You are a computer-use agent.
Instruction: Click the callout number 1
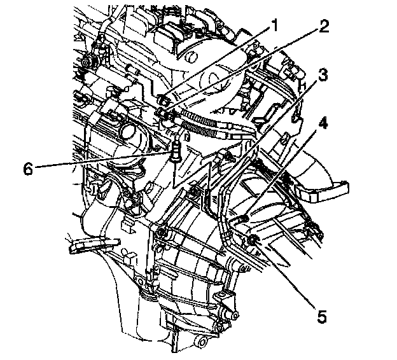274,25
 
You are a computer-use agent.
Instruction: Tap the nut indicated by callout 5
254,239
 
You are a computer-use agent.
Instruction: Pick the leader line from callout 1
216,64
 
